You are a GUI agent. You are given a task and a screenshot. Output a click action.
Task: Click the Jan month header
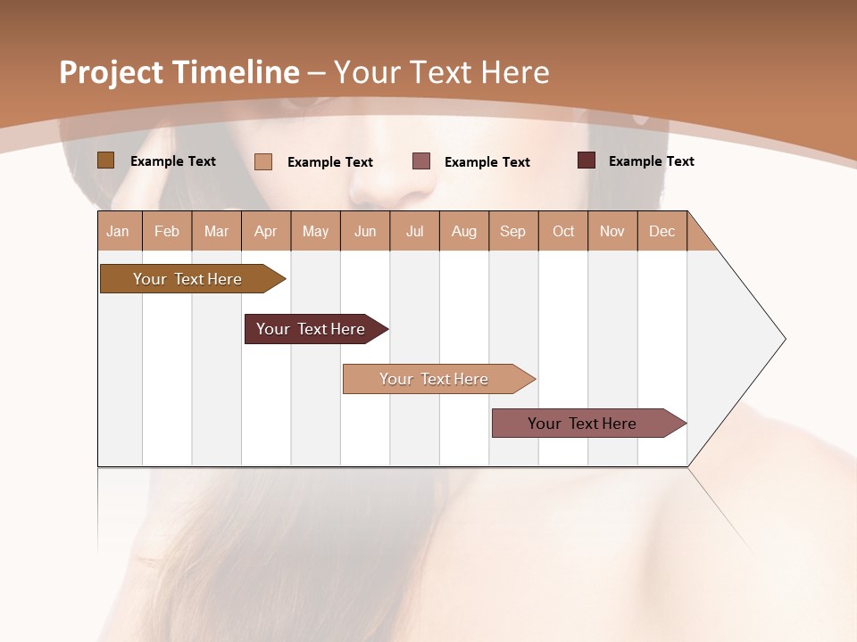119,231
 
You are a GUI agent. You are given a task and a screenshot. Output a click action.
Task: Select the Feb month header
167,231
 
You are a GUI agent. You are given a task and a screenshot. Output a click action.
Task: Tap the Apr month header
266,231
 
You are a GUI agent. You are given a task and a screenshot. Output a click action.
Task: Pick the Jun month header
365,231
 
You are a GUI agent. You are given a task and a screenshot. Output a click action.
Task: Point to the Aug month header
464,231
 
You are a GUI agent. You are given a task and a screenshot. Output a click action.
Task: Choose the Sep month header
513,231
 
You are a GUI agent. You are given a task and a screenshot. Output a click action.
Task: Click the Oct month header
563,231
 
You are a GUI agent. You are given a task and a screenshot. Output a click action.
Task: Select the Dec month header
662,231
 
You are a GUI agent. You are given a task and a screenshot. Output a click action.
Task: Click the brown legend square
105,160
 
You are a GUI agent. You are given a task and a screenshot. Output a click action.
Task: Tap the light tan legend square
263,161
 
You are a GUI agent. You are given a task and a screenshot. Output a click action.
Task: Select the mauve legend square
421,160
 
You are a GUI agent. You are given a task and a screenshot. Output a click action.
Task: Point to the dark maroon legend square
587,160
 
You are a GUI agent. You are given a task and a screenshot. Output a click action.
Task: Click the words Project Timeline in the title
179,72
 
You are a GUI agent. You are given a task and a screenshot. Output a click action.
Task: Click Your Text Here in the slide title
441,72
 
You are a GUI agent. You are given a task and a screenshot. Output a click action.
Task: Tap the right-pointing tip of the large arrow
782,339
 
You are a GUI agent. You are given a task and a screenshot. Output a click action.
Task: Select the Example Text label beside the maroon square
651,161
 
